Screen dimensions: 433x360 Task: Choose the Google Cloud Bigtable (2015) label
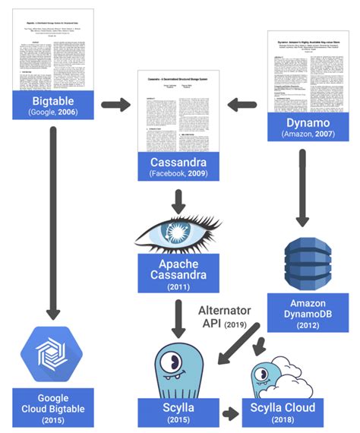pyautogui.click(x=52, y=409)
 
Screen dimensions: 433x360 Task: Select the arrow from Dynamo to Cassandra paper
pyautogui.click(x=241, y=104)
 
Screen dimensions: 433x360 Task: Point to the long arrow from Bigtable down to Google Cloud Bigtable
pyautogui.click(x=52, y=220)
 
